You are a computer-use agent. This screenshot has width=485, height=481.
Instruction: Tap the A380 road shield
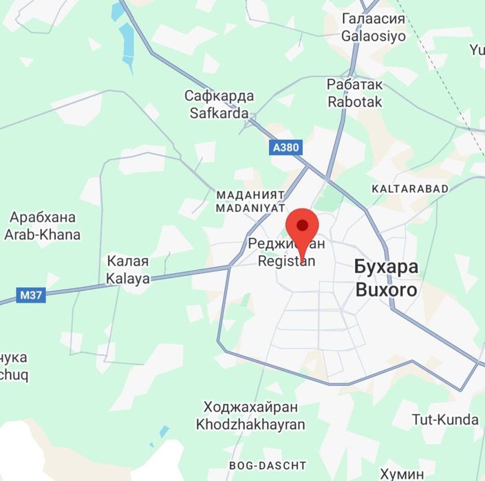tap(285, 147)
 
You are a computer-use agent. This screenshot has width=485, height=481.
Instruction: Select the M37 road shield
tap(30, 295)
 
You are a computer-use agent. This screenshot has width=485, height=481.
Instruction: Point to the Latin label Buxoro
tap(386, 289)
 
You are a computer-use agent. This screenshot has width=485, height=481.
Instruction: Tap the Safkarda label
tap(219, 113)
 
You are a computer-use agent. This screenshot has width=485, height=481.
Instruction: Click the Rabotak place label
tap(355, 101)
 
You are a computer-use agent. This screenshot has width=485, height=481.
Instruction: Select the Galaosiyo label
tap(374, 36)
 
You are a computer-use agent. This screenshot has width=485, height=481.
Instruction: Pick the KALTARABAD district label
tap(409, 189)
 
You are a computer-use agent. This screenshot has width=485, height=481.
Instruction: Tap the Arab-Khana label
tap(43, 234)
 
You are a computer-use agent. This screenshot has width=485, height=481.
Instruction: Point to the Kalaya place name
tap(127, 279)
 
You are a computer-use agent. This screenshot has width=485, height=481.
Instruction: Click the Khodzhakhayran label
tap(250, 424)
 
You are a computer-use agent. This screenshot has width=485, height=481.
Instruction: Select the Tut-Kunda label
tap(445, 419)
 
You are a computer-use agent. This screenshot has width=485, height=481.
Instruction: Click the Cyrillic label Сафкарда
tap(219, 96)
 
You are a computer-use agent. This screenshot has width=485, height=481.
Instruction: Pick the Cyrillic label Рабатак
tap(355, 84)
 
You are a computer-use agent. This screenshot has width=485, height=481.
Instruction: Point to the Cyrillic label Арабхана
tap(43, 217)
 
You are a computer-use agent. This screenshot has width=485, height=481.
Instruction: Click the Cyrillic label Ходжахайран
tap(250, 407)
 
